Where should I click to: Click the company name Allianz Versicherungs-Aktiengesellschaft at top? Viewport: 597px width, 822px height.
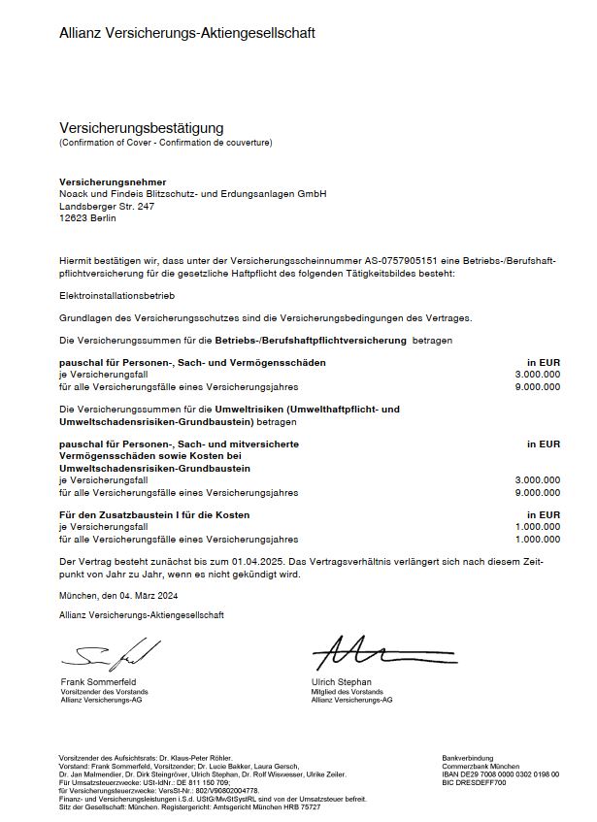pyautogui.click(x=187, y=33)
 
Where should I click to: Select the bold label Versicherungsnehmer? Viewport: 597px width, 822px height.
pyautogui.click(x=113, y=182)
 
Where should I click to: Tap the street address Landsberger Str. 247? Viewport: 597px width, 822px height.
pyautogui.click(x=107, y=206)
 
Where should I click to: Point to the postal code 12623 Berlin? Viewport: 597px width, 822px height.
pyautogui.click(x=87, y=218)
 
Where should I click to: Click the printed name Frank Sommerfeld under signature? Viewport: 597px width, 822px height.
pyautogui.click(x=98, y=681)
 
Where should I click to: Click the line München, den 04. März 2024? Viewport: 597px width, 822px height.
pyautogui.click(x=119, y=595)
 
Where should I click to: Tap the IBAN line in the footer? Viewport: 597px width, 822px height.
pyautogui.click(x=500, y=773)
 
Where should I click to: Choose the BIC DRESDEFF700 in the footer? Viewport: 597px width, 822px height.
pyautogui.click(x=474, y=781)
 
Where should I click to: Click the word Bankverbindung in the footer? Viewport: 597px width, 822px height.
pyautogui.click(x=468, y=758)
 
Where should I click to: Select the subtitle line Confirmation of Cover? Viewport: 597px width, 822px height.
pyautogui.click(x=166, y=143)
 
